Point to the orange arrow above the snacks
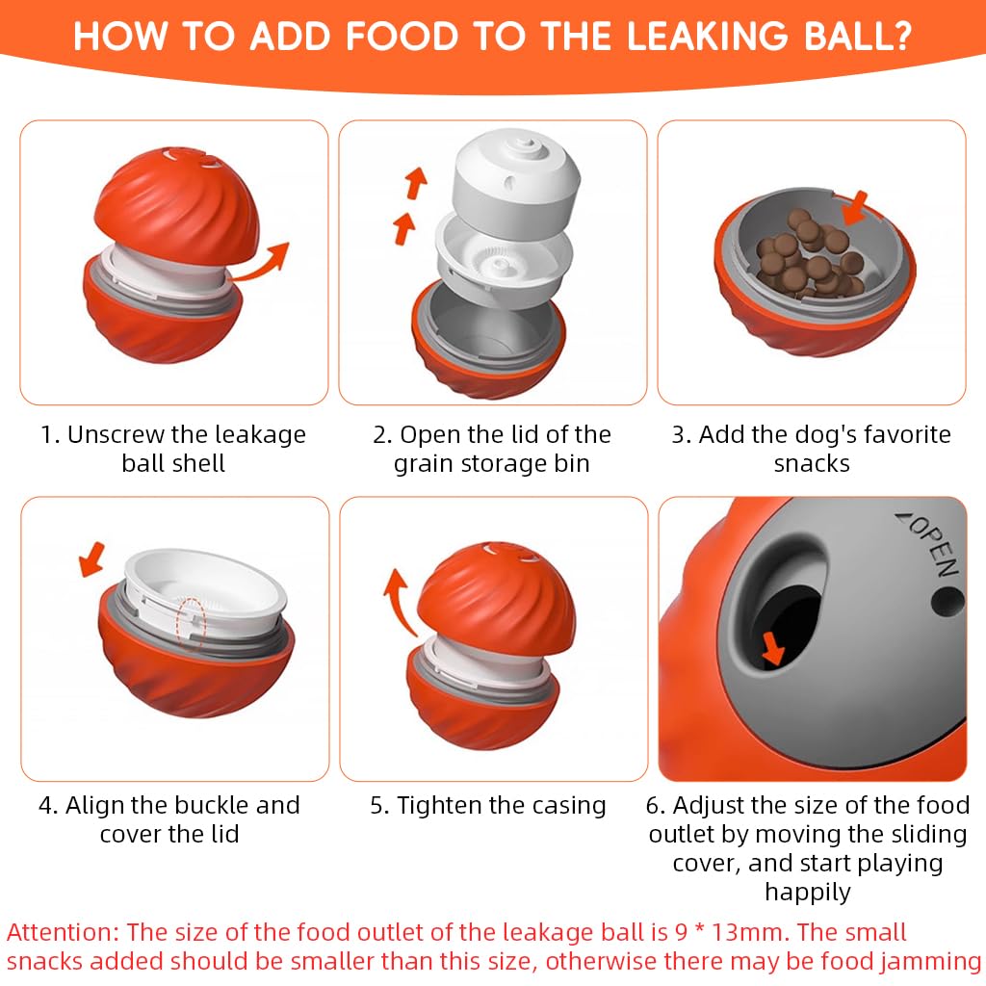[x=855, y=209]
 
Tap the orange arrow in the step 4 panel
[x=91, y=559]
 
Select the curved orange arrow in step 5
[x=399, y=601]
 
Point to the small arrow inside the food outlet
[x=773, y=649]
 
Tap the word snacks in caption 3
[x=812, y=464]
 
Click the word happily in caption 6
[x=808, y=893]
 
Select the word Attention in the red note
[x=63, y=932]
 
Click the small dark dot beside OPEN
[x=947, y=601]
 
